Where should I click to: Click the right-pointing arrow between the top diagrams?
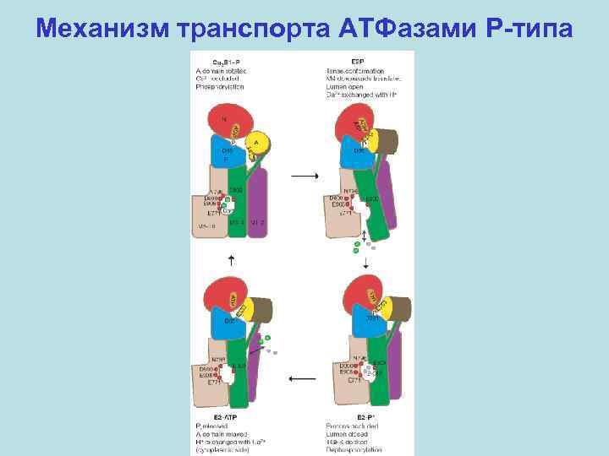[x=302, y=176]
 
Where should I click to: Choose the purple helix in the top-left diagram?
[x=258, y=203]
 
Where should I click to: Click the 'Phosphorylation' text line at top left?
[x=216, y=89]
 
